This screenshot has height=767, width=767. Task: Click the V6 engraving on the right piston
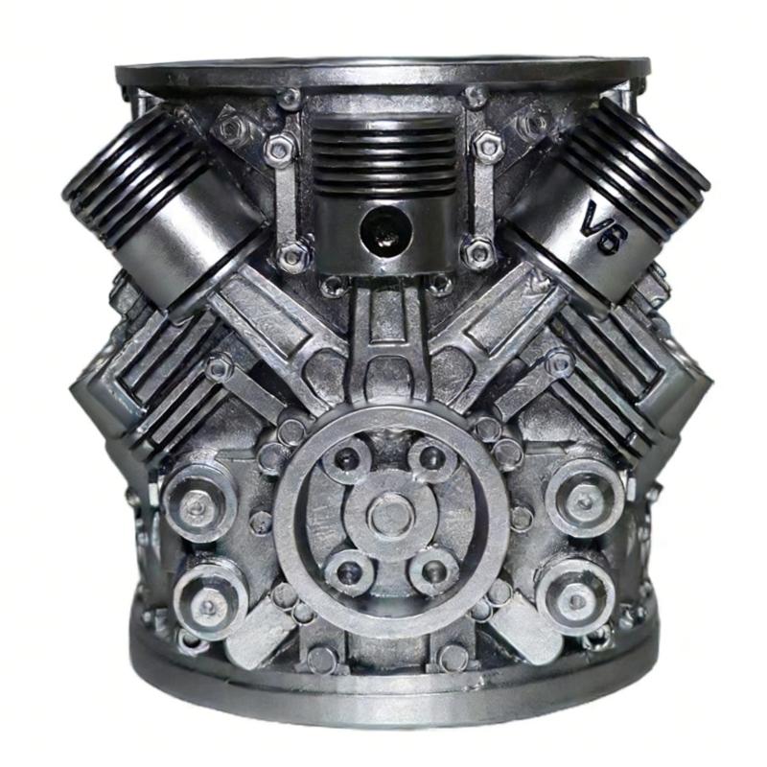[605, 229]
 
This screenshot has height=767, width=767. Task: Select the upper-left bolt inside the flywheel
[348, 457]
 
